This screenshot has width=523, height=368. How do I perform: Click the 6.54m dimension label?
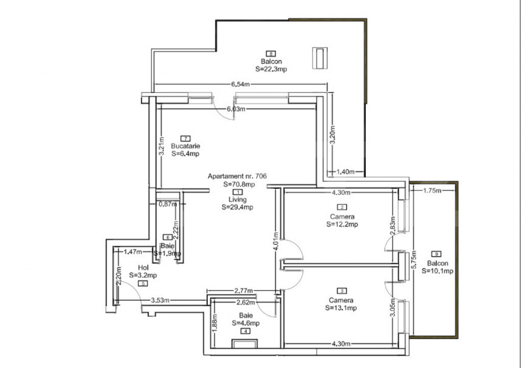(240, 84)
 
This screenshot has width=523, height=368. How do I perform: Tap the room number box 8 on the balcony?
(271, 53)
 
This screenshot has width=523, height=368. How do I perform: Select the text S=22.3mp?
(271, 69)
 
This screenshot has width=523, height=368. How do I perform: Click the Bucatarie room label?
(185, 145)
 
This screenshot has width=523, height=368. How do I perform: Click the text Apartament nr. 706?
(237, 176)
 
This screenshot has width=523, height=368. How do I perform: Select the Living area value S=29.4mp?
(237, 207)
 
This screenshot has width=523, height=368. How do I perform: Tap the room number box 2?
(342, 207)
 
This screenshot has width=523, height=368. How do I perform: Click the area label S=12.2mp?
(342, 224)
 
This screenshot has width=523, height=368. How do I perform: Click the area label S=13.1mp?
(342, 308)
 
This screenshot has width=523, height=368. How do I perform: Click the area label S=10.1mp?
(437, 271)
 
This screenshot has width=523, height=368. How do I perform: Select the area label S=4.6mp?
(246, 323)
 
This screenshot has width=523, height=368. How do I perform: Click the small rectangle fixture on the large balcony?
(320, 58)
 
